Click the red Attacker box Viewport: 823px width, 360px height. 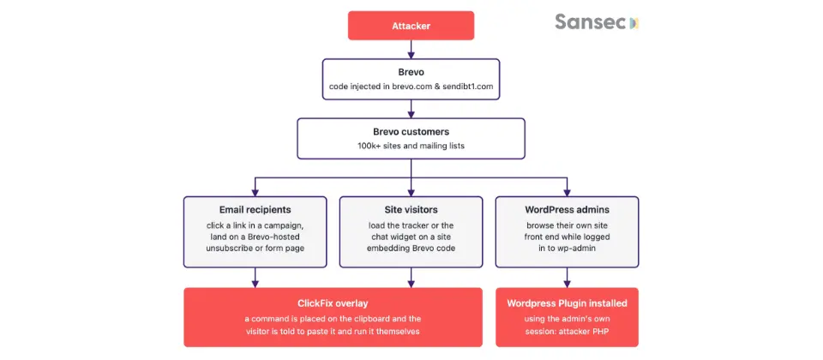[411, 26]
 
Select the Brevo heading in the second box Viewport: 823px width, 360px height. [411, 72]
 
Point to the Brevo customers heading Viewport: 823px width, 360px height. [411, 132]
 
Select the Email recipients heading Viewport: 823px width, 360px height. [255, 210]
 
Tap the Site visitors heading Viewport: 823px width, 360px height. [411, 210]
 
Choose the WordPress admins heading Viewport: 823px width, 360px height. [567, 210]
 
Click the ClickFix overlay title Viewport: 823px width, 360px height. [333, 303]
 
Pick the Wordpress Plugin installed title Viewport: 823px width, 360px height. [567, 303]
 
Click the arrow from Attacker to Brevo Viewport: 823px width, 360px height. [411, 50]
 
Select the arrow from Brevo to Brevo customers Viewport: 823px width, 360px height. [411, 109]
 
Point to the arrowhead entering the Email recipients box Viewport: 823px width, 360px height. [255, 193]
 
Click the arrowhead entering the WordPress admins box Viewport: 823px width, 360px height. [567, 193]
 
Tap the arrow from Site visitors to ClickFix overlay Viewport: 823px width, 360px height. [411, 278]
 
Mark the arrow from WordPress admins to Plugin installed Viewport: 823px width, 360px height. [567, 278]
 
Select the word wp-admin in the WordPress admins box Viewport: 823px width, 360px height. [580, 249]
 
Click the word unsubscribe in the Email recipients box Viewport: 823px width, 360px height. [228, 249]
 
